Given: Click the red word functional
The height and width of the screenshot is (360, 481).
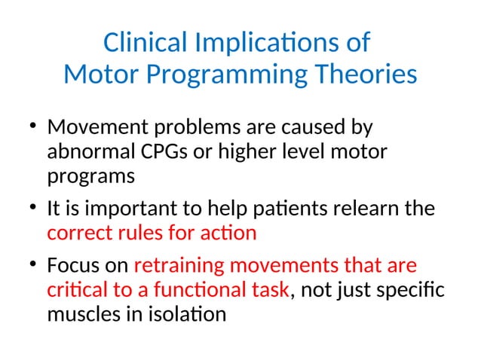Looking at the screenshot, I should pyautogui.click(x=198, y=291).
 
